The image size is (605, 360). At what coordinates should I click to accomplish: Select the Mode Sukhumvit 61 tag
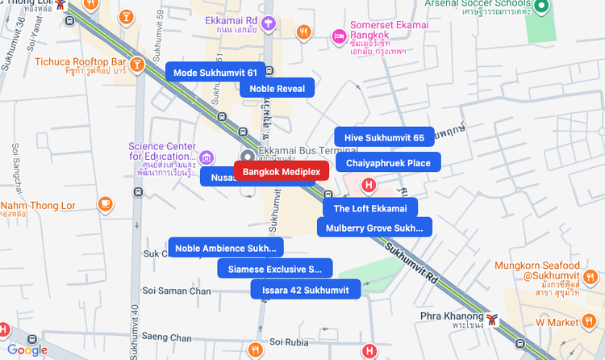click(x=215, y=73)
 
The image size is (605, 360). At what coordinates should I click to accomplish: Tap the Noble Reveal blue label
click(x=277, y=89)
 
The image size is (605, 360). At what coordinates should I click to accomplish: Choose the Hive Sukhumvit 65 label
click(x=384, y=137)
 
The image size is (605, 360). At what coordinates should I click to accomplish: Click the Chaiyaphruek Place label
click(x=388, y=163)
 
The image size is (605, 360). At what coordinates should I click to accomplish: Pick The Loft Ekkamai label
click(x=370, y=208)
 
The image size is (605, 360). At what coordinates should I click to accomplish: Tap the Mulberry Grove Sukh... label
click(x=374, y=228)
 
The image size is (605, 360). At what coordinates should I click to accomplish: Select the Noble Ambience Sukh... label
click(x=225, y=248)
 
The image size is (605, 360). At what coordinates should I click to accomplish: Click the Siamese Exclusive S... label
click(x=274, y=268)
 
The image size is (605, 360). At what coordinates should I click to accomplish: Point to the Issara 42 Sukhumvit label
click(x=305, y=289)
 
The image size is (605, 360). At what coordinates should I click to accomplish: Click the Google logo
click(x=27, y=350)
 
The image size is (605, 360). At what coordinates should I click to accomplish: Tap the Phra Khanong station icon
click(x=491, y=320)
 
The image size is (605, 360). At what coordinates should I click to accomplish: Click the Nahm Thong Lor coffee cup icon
click(x=105, y=203)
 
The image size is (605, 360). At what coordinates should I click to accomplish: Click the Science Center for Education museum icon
click(x=207, y=157)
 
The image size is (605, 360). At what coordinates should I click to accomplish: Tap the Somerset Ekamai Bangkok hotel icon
click(x=340, y=36)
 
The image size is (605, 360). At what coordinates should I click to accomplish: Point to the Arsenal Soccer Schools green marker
click(x=543, y=7)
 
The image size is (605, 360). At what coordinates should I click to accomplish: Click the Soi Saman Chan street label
click(x=177, y=291)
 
